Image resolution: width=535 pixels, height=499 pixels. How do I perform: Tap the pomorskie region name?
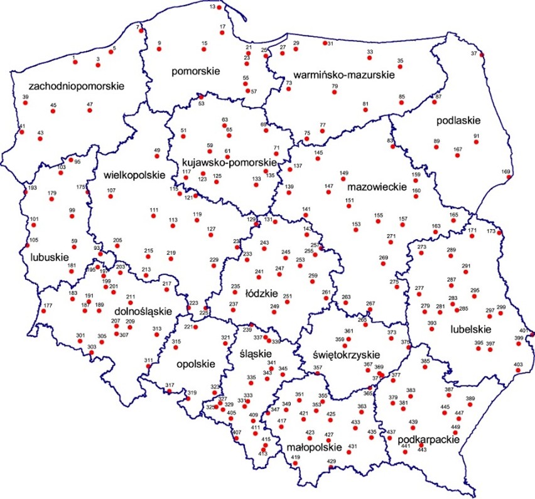point(196,72)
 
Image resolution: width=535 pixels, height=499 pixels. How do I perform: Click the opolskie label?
point(195,363)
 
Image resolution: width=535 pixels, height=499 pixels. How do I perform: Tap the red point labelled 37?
point(482,55)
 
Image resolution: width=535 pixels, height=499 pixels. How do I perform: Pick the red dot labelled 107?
point(110,196)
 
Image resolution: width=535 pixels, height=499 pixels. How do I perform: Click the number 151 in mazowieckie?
point(350,200)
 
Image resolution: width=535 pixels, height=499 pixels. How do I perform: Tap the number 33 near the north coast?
point(370,51)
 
